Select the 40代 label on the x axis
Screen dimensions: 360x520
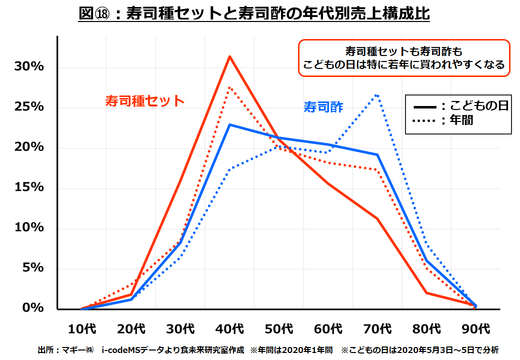[x=230, y=329]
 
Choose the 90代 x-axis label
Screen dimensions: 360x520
[x=476, y=329]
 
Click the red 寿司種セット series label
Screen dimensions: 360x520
[x=145, y=100]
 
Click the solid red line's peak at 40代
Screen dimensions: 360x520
[x=229, y=56]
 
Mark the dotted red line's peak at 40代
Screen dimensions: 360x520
[x=229, y=87]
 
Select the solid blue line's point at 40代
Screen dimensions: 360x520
[x=229, y=124]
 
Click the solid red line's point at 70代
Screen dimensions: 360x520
[x=377, y=218]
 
